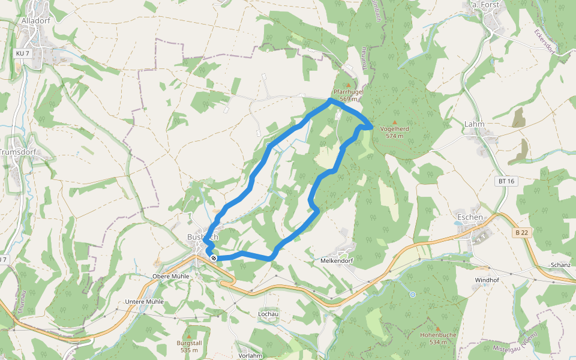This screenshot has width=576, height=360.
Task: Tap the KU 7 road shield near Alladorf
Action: (x=23, y=53)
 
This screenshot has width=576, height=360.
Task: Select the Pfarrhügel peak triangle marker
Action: (x=348, y=86)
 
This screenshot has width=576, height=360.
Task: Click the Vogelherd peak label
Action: (x=394, y=128)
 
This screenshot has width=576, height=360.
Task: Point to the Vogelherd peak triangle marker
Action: (x=394, y=122)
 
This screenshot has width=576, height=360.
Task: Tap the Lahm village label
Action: (x=474, y=124)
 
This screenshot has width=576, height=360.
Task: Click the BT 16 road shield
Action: (x=506, y=181)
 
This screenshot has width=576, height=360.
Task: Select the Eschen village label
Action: (x=470, y=217)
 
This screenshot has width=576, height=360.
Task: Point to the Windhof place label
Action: (x=487, y=280)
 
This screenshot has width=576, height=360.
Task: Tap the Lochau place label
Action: (x=268, y=314)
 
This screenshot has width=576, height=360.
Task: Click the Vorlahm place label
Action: (x=250, y=355)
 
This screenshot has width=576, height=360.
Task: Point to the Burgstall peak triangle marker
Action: (x=188, y=335)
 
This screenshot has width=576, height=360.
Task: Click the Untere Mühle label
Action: (x=144, y=302)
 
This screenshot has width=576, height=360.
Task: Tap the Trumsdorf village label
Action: (x=18, y=152)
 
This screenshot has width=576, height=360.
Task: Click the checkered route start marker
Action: (x=213, y=257)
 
